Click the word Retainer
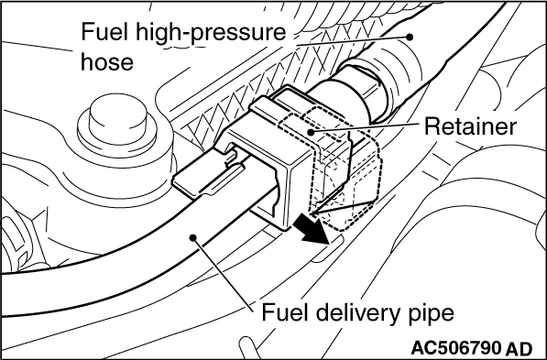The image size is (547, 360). (470, 126)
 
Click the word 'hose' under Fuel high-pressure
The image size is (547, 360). (107, 61)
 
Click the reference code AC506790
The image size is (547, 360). (455, 348)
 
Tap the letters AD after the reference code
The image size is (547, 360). (519, 348)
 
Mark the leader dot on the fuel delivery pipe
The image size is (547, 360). (193, 237)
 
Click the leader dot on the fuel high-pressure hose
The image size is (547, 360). (410, 37)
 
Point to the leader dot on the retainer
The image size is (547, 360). (310, 132)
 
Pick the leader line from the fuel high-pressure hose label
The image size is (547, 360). (353, 41)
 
